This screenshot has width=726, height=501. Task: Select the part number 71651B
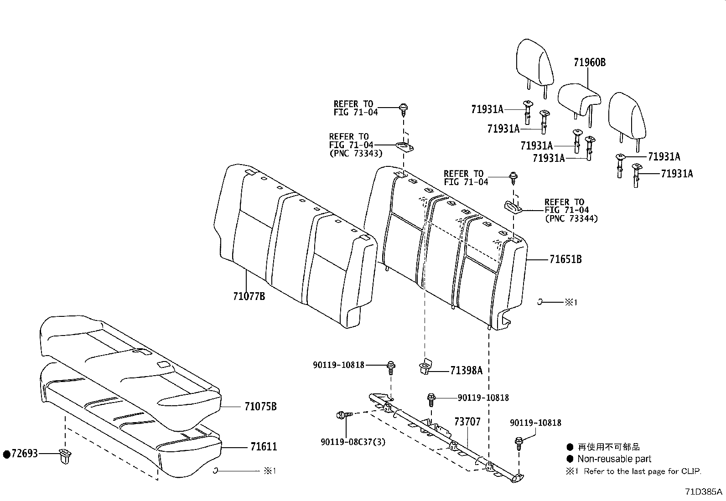click(x=565, y=259)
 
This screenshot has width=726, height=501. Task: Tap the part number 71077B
click(x=249, y=296)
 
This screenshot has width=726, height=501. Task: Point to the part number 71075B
click(x=260, y=406)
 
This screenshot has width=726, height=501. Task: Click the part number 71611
click(x=263, y=447)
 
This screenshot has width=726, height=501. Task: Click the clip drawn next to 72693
click(x=66, y=455)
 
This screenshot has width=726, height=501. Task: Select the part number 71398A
click(x=466, y=370)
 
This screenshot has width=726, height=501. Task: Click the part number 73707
click(x=467, y=422)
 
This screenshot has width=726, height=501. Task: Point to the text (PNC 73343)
click(x=355, y=153)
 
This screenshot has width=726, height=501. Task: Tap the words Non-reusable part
click(x=614, y=459)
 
